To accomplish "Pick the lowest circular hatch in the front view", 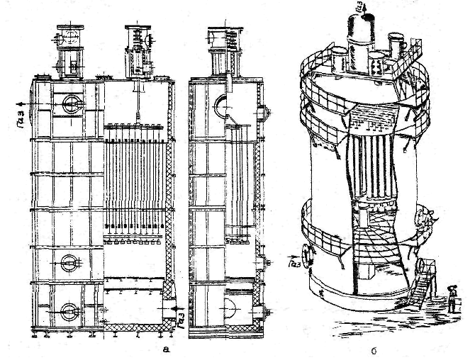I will tap(69, 310).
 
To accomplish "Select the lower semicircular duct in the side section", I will tap(233, 310).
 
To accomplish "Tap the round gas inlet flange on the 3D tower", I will tap(307, 252).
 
